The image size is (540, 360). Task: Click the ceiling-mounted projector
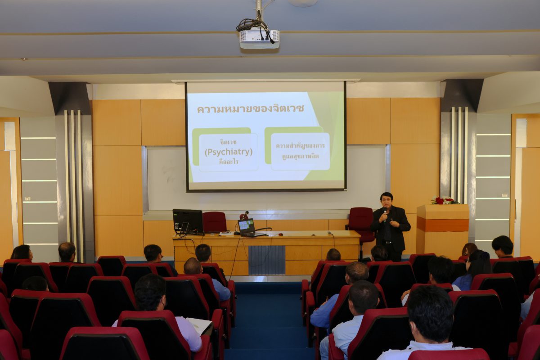point(259,39)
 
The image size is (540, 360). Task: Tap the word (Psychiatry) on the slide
point(229,152)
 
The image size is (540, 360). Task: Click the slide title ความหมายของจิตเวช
point(251,109)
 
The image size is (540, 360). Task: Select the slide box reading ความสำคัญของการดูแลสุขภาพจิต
point(301,152)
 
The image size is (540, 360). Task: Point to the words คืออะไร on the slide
point(229,162)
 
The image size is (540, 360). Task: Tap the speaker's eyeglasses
point(387,200)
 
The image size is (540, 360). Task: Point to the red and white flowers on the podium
point(444,201)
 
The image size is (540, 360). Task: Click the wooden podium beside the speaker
point(443,229)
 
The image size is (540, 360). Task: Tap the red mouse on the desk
point(280,234)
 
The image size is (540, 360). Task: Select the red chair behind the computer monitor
point(215,221)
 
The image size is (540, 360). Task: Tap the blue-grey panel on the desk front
point(266,260)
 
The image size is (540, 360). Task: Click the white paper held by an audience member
point(199,325)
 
